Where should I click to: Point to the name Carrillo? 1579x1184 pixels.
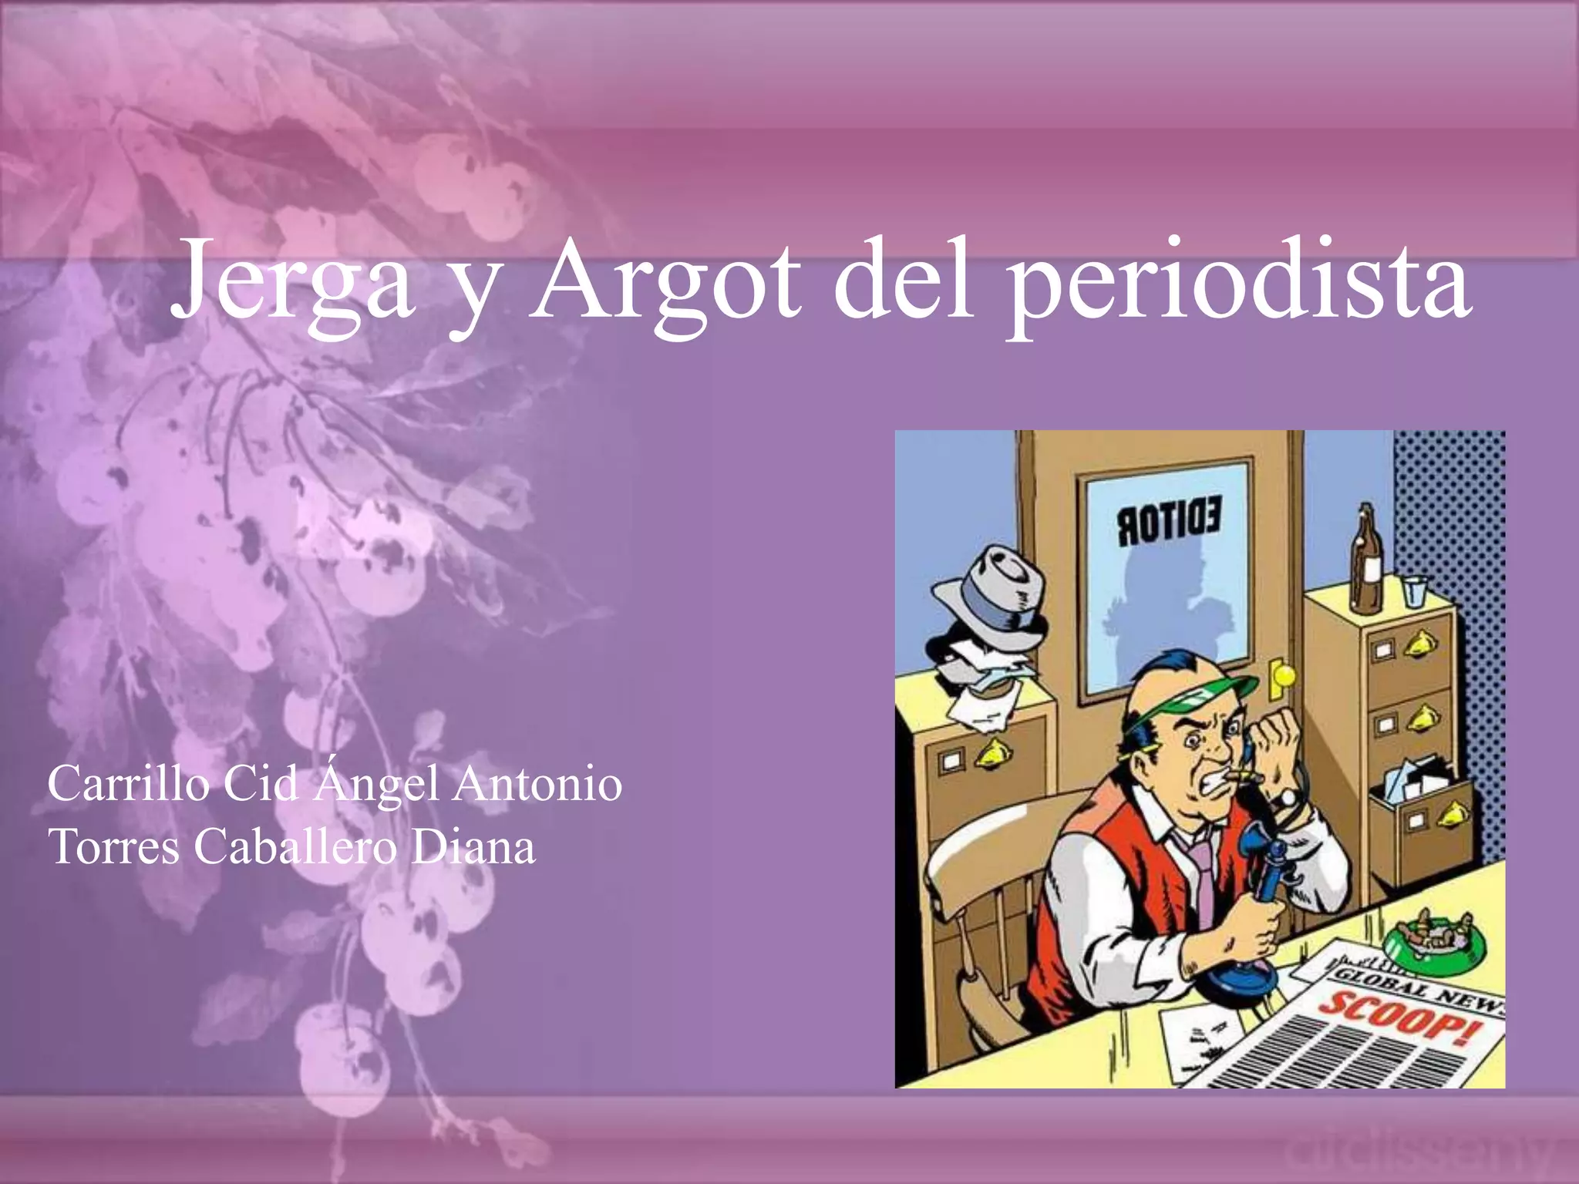tap(127, 785)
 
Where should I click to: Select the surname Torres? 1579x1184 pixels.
tap(113, 847)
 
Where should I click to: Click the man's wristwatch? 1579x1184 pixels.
tap(1285, 798)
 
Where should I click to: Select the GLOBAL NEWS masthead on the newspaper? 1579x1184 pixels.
tap(1419, 987)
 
